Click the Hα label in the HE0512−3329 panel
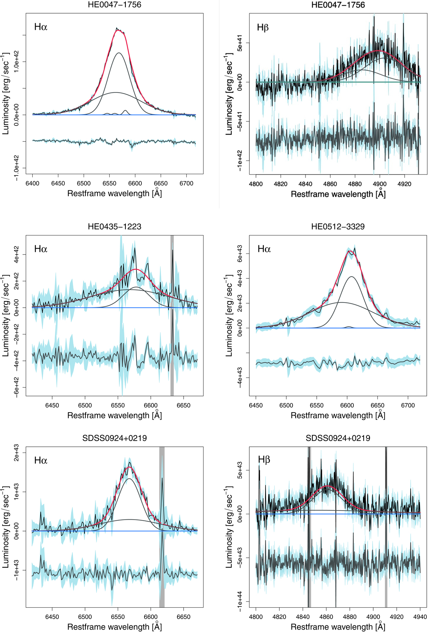[264, 249]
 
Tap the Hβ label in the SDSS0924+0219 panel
[264, 460]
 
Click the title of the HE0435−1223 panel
[114, 227]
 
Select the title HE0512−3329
[338, 227]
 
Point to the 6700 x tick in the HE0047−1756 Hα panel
[186, 183]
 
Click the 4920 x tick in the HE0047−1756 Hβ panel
[404, 184]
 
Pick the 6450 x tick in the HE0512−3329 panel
[256, 405]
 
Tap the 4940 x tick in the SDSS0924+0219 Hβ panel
[420, 617]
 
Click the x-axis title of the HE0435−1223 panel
[114, 416]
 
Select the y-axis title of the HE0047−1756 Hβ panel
[229, 94]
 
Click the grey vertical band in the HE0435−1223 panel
[172, 315]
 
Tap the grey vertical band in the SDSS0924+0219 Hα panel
[162, 528]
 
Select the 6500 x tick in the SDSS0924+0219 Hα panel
[85, 617]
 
